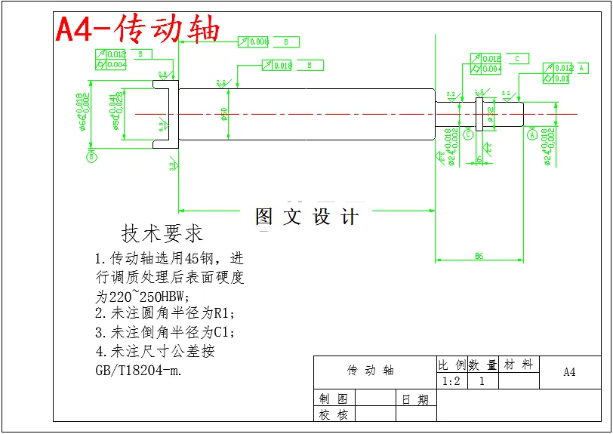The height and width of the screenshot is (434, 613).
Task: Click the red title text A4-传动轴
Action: point(138,29)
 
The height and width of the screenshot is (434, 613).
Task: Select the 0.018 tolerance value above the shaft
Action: point(282,66)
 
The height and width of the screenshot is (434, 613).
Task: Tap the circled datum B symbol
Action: point(92,157)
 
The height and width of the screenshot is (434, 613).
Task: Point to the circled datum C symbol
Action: point(468,134)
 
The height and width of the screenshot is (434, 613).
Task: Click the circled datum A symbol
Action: point(531,135)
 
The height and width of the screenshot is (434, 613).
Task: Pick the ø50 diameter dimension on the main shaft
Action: point(224,113)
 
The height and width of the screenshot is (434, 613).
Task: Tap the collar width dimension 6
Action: point(479,159)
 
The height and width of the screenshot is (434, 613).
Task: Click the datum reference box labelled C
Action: point(517,58)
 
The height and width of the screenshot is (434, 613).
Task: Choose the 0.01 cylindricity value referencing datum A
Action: point(561,78)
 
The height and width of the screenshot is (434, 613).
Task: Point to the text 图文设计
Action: point(306,217)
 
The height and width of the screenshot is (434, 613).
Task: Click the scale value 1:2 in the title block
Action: point(451,381)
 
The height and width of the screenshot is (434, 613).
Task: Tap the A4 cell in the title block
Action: point(570,372)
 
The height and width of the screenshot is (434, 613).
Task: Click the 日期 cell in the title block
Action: point(416,399)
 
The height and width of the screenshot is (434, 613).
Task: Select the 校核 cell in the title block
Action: point(333,414)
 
